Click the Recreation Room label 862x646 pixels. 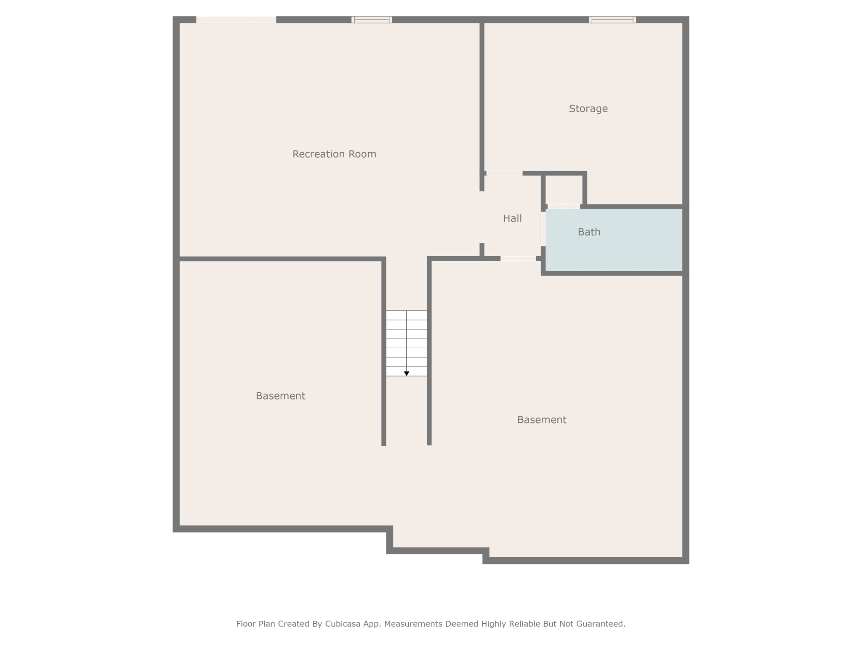334,154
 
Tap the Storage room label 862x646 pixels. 588,109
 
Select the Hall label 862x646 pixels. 512,218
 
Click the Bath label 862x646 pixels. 589,232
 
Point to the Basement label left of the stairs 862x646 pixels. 280,396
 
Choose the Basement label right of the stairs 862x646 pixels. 541,420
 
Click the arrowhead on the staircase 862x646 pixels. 407,373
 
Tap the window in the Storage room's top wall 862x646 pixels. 612,19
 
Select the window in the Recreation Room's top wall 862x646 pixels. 372,19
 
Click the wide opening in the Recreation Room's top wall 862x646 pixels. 237,20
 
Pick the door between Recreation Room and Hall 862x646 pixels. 482,217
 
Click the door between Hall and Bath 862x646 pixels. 543,229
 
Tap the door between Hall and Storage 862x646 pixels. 504,173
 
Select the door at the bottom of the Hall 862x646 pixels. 518,258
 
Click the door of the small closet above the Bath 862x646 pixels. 564,207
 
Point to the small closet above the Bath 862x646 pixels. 564,190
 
